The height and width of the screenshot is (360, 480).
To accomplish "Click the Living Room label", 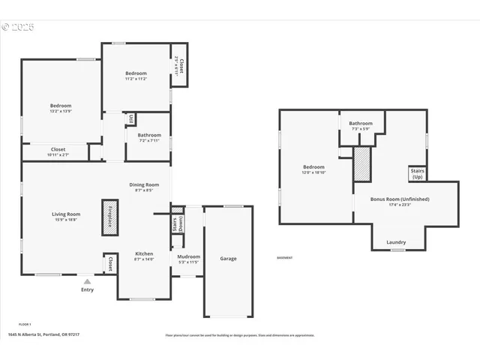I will coord(66,217).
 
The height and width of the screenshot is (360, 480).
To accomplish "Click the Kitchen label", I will coord(144,256).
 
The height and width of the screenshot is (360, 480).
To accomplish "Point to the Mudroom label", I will coord(188,259).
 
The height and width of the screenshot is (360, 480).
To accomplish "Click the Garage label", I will coord(228,259).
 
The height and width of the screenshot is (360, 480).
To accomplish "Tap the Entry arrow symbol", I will coord(87,282).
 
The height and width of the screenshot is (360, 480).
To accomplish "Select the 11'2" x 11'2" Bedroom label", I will coord(136,76).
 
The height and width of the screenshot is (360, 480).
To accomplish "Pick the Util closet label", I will coord(130,118).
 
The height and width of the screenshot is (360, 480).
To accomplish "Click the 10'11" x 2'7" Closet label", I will coord(58,151).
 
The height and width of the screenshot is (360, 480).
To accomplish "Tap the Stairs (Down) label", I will coord(177,224).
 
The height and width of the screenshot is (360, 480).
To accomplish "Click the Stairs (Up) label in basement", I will coord(417,174).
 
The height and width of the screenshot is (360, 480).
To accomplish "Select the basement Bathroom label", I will coord(360,125).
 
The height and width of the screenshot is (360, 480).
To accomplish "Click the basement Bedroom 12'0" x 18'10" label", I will coord(313,169).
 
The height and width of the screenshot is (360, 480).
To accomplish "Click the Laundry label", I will coord(396,242).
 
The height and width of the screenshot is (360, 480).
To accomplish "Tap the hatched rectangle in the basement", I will coord(362,163).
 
